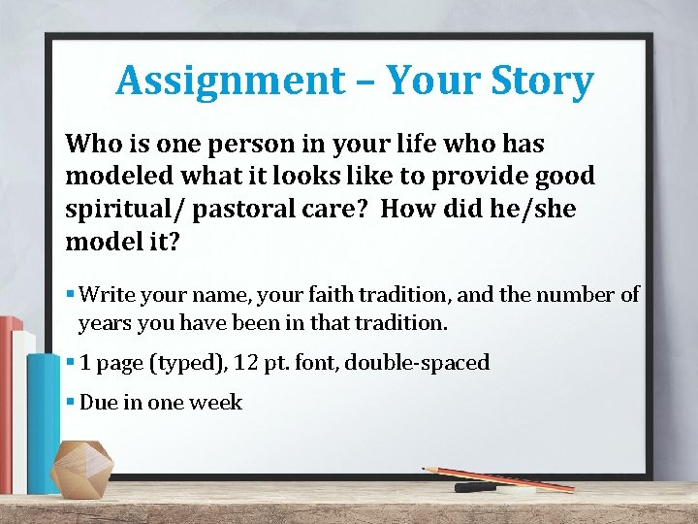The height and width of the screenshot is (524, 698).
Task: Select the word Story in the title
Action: coord(543,81)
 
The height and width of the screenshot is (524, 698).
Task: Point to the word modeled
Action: coord(115,177)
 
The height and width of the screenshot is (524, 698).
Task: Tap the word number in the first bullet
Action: coord(586,295)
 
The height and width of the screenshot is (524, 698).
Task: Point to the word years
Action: coord(104,322)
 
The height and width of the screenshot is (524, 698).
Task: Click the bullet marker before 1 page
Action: coord(71,363)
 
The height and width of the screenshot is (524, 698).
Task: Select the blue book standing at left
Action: coord(44,417)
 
